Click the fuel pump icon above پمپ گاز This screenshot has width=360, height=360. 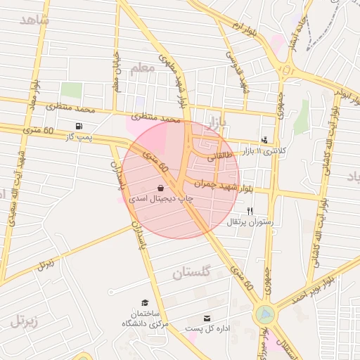pos(77,126)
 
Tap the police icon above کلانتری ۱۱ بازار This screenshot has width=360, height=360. pos(264,140)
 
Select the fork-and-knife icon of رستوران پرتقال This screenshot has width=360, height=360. pos(250,211)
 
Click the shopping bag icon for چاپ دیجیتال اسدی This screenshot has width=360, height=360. pos(162,188)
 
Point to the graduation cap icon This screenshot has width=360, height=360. pos(145,302)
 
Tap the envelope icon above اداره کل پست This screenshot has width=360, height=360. pos(207,318)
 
